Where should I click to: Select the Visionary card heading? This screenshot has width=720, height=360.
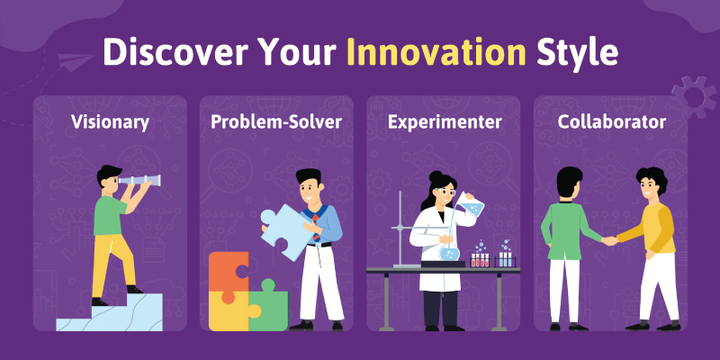click(x=110, y=122)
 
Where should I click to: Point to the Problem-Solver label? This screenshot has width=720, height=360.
click(x=276, y=122)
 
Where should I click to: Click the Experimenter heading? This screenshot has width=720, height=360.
click(x=444, y=122)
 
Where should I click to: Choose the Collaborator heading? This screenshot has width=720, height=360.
click(x=612, y=122)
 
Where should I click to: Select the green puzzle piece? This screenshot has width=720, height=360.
click(x=268, y=305)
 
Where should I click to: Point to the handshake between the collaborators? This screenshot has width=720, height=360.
click(x=610, y=240)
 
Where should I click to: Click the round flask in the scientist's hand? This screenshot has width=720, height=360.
click(x=449, y=251)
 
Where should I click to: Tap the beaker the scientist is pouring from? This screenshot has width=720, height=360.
click(x=471, y=205)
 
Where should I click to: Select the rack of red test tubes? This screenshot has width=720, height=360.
click(x=481, y=259)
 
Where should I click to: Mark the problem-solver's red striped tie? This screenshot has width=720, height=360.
click(x=317, y=228)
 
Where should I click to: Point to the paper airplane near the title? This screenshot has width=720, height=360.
click(x=76, y=61)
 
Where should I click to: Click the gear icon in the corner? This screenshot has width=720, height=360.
click(x=695, y=96)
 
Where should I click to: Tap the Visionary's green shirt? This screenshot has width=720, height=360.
click(x=110, y=215)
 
